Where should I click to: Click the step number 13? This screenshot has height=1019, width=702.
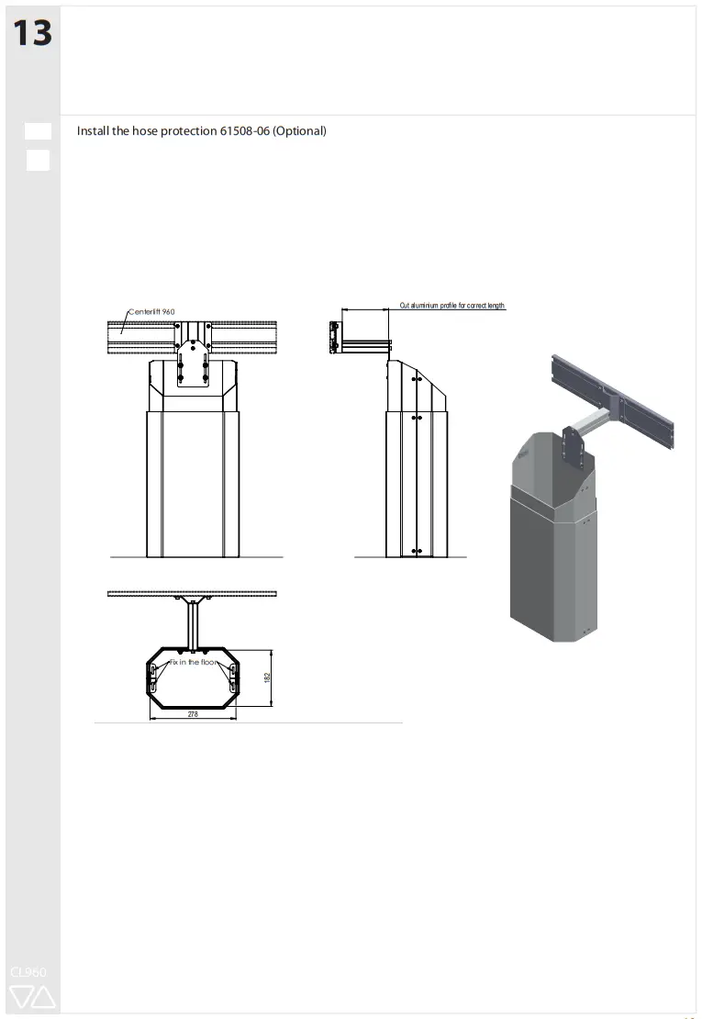tap(31, 33)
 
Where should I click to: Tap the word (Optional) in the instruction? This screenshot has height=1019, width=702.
tap(299, 131)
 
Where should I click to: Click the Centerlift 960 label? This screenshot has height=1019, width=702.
tap(151, 312)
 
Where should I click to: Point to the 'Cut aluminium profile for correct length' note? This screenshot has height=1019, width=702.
tap(451, 306)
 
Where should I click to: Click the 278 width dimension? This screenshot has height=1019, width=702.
tap(193, 713)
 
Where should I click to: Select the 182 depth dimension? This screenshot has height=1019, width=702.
tap(267, 677)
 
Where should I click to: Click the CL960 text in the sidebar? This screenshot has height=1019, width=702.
tap(28, 971)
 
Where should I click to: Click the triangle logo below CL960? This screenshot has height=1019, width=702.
tap(32, 997)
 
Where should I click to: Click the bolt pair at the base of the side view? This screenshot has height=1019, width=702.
tap(418, 551)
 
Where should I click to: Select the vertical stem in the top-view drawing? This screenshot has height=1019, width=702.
tap(193, 624)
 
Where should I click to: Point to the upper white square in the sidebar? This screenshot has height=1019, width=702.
tap(38, 130)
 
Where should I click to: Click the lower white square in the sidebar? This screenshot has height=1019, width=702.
tap(38, 161)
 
